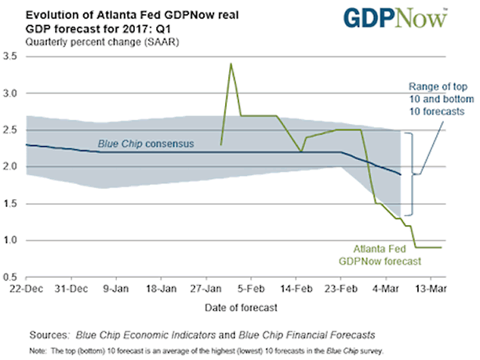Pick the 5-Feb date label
251,288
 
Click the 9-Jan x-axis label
118,288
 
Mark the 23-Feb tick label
340,288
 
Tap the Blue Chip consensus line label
146,144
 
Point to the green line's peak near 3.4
231,64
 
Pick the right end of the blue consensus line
400,174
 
